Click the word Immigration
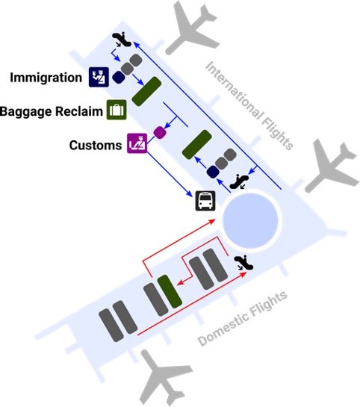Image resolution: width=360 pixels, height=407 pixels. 46,78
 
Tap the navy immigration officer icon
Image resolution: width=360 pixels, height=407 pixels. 99,77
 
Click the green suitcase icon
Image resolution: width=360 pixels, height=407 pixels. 117,110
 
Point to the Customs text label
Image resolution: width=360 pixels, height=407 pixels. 96,145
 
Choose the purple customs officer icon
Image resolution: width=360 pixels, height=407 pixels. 137,143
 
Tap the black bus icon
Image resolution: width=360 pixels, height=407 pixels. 205,201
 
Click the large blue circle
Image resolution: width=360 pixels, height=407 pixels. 250,220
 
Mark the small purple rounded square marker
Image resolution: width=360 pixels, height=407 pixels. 160,132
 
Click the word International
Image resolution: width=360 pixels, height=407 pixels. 235,91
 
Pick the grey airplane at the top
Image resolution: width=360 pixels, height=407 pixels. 193,28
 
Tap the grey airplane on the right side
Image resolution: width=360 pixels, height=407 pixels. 332,166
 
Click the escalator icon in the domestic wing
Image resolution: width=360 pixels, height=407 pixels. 243,263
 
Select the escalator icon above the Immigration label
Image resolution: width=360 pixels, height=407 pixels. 122,40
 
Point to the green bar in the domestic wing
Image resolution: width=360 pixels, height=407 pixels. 170,291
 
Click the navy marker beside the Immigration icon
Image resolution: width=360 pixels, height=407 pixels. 118,78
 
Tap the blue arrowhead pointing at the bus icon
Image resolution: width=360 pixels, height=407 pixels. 190,193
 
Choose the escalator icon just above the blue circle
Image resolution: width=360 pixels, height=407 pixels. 239,181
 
